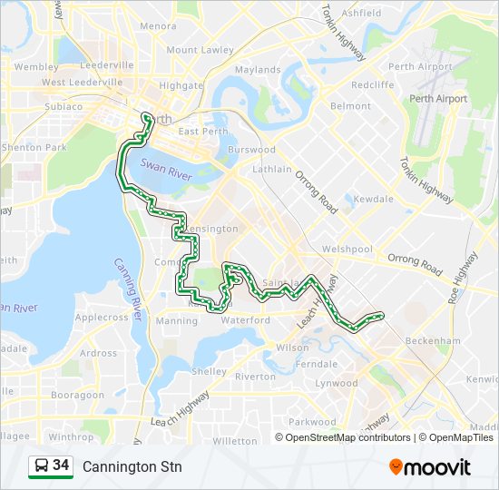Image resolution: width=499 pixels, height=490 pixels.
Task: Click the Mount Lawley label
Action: pos(200,50)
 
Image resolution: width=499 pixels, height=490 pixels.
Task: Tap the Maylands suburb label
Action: pos(258,70)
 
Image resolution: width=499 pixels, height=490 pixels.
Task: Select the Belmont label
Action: pos(350,106)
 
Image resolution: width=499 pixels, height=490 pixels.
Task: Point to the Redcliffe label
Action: pos(373,83)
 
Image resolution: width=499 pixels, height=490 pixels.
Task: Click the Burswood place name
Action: pos(251,150)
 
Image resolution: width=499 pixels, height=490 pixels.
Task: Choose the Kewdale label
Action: pos(374,199)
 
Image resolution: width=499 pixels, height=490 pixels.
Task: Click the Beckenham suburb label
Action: pos(435,340)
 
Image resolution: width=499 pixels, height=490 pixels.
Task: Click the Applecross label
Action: pos(102,318)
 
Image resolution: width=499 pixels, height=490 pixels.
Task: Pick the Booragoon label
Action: pos(78,396)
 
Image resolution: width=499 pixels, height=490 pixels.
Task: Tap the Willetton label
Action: pos(234,441)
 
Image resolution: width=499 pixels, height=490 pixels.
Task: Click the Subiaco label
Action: pos(62,106)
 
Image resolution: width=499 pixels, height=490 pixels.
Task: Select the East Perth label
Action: pos(201,132)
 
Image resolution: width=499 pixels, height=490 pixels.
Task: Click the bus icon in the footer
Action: pos(41,466)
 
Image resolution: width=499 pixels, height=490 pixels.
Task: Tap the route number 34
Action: pos(61,465)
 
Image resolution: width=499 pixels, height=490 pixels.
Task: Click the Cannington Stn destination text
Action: pos(132,466)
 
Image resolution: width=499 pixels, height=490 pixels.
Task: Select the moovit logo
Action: pos(430,466)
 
